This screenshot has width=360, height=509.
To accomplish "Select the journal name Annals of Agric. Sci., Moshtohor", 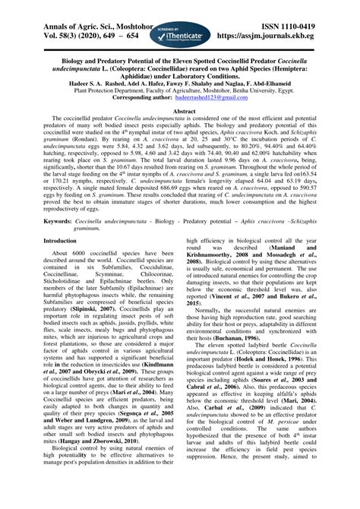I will coord(78,7).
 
